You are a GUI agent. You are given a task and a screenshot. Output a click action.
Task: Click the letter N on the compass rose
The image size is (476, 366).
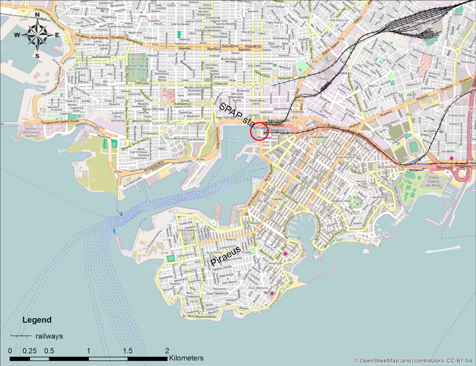37,15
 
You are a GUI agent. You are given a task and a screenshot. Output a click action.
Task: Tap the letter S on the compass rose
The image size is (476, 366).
37,56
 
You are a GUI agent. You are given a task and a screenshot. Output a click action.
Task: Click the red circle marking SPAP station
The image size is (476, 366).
259,131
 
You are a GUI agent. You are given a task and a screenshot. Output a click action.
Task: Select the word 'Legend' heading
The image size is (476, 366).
37,320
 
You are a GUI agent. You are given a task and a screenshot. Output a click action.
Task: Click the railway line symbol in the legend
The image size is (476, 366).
21,336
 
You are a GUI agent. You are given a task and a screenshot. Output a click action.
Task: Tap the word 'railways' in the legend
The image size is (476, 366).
49,336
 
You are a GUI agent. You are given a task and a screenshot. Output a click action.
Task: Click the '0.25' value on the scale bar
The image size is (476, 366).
29,351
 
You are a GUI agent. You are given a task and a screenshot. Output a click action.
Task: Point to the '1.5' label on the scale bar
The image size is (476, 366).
128,351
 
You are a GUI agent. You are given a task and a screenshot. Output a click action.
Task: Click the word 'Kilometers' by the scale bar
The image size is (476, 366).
186,358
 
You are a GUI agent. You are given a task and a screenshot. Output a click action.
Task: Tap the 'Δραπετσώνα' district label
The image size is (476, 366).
164,123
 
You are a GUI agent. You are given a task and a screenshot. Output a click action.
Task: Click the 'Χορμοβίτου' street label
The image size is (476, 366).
230,46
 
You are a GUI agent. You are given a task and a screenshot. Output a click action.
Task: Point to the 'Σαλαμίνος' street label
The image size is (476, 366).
221,84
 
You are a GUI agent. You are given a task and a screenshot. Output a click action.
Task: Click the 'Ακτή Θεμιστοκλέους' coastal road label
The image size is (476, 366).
202,317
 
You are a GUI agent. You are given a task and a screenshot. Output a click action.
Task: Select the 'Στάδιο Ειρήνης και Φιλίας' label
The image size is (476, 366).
433,181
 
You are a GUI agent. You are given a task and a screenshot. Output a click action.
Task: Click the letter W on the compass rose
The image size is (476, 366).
17,35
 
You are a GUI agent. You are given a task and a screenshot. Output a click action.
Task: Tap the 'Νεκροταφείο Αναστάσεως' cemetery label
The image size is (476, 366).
137,68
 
